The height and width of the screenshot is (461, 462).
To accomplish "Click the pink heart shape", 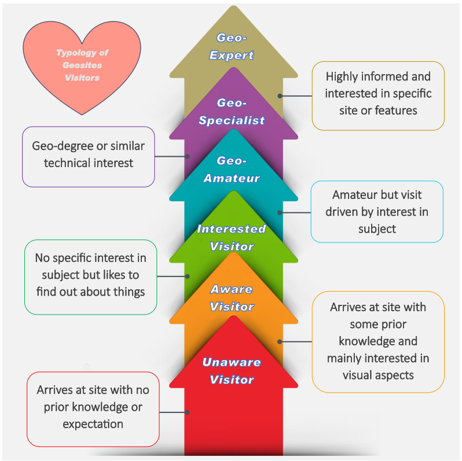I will [82, 67].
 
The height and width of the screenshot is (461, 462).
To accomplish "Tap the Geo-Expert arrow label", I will [232, 47].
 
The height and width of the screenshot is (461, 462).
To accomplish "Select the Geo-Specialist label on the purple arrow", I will [232, 112].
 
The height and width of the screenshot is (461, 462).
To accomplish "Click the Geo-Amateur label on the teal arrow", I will [232, 169].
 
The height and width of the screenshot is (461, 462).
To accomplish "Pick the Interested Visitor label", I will [232, 237].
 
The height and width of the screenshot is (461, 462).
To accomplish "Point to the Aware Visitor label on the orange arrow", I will [232, 297].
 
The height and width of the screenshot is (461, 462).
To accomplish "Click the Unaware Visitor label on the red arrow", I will [232, 371].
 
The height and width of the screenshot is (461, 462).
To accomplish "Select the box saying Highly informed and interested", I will [378, 93].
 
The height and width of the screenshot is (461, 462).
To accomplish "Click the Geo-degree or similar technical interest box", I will [88, 154].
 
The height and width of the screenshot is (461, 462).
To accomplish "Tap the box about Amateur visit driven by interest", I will [376, 212].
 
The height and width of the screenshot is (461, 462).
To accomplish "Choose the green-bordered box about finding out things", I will [90, 275].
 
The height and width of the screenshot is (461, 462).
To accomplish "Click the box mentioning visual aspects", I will [378, 341].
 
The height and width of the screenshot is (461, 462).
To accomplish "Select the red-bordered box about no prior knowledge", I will [93, 407].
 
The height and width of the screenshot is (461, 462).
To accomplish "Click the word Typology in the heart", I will [69, 53].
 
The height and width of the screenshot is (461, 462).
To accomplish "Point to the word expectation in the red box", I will [93, 424].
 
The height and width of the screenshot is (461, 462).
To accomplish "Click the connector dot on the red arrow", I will [188, 412].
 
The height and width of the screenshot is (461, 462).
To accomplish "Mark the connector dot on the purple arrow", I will [188, 156].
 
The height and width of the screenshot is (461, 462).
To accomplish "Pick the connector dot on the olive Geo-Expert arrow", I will [280, 96].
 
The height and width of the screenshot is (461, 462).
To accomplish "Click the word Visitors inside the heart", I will [82, 78].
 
